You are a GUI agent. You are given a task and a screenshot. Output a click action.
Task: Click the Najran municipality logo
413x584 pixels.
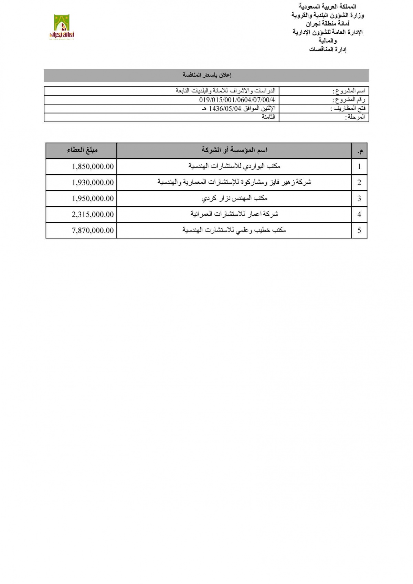tap(62, 27)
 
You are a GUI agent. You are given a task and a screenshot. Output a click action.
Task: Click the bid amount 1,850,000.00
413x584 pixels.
tap(93, 166)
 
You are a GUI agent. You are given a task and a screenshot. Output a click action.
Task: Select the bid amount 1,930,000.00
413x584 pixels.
tap(93, 182)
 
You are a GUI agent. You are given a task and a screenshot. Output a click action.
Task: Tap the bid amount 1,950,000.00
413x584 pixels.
tap(93, 198)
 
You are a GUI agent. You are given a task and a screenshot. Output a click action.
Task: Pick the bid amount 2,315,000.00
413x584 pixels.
tap(93, 214)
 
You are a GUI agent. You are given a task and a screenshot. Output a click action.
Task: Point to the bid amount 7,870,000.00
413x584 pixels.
tap(93, 230)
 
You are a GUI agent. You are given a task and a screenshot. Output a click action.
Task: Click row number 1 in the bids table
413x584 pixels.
tap(359, 166)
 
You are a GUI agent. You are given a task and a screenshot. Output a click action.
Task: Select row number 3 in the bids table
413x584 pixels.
tap(359, 198)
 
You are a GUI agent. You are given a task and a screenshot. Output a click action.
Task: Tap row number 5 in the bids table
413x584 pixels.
tap(359, 230)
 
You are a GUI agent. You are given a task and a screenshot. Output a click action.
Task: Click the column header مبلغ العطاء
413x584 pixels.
tap(82, 150)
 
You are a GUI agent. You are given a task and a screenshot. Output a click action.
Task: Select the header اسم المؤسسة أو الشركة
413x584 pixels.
tap(234, 150)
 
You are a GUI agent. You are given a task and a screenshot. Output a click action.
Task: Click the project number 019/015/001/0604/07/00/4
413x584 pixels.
tap(237, 100)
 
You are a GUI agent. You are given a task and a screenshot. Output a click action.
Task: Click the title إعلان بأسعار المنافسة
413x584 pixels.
tap(207, 75)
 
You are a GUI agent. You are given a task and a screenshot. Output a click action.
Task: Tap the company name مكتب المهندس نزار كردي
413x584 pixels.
tap(234, 198)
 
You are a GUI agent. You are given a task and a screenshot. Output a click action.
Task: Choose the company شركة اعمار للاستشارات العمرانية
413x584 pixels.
tap(234, 214)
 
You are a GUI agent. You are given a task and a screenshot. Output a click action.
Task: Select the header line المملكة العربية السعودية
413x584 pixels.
tap(328, 7)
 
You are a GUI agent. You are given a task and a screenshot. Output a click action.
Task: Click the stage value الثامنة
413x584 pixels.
tap(268, 117)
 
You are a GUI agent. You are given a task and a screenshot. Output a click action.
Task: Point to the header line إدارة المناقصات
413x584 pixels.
tap(328, 50)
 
